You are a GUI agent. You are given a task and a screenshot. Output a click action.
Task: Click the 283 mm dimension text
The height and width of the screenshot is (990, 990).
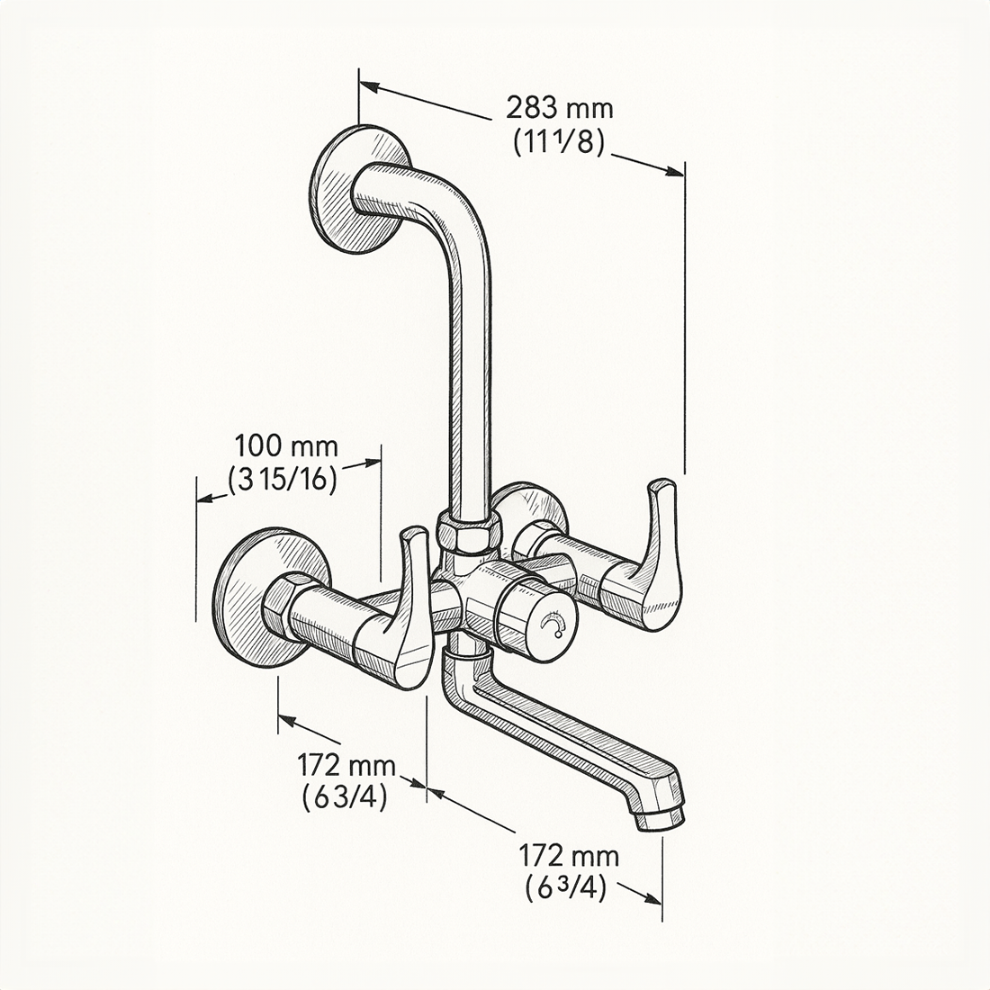(x=559, y=109)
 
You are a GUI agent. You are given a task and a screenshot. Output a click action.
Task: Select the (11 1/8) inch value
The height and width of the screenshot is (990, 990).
(x=558, y=142)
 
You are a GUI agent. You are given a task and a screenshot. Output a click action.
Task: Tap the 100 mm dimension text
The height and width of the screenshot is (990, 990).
(x=286, y=445)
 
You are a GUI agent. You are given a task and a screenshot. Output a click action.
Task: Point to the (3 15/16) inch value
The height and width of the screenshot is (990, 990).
(x=283, y=480)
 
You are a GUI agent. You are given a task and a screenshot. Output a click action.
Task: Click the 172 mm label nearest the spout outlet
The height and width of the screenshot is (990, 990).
(x=568, y=855)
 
